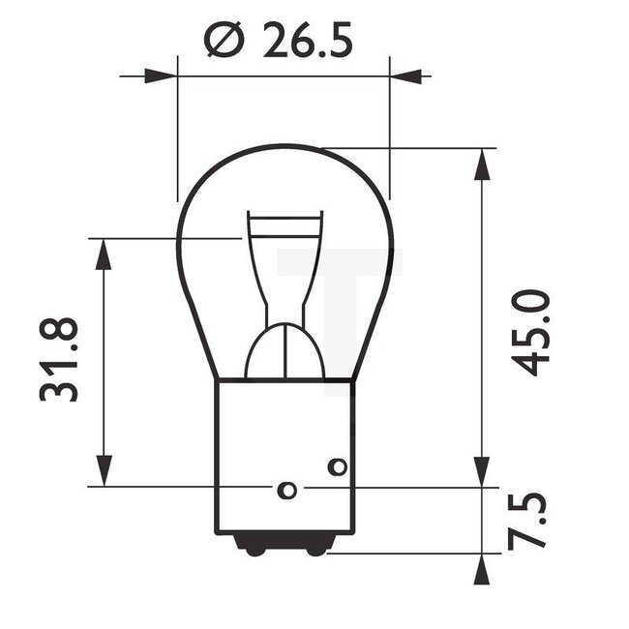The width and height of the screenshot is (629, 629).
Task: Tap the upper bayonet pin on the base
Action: tap(337, 467)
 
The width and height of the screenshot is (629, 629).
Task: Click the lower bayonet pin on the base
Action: tap(286, 490)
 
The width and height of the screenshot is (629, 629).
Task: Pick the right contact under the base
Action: tap(315, 549)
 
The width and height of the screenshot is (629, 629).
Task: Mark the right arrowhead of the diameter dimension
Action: tap(406, 75)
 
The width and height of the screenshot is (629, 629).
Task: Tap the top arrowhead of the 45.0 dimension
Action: tap(480, 165)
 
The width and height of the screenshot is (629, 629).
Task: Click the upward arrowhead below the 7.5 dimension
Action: tap(480, 570)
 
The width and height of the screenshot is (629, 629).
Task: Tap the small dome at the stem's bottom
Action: tap(285, 353)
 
